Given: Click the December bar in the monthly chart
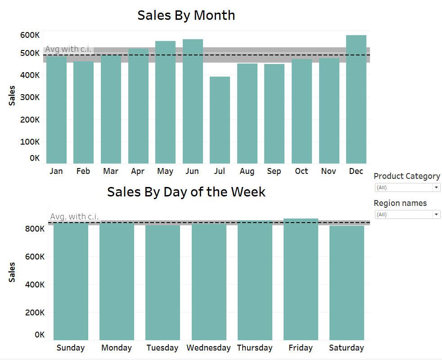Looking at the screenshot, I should [356, 99].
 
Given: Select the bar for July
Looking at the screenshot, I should [220, 120].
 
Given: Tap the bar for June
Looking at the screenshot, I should [193, 101].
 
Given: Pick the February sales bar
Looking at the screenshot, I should [83, 112].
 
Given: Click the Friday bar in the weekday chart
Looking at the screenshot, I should [301, 279].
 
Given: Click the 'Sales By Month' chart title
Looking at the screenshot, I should [186, 15].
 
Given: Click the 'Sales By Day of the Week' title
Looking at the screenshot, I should [186, 192].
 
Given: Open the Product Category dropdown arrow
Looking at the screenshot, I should [436, 187].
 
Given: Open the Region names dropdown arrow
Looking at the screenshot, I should [436, 215].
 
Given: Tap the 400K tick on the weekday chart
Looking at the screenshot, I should [34, 285].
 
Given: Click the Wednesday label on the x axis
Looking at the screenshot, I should [208, 348].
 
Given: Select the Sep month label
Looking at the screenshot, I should [274, 171].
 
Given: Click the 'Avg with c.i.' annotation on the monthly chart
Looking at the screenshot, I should [68, 49].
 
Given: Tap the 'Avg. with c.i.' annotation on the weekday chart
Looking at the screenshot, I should [74, 217].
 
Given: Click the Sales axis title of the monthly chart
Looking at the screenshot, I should [12, 96].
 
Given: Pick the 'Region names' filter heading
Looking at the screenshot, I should [400, 203].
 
